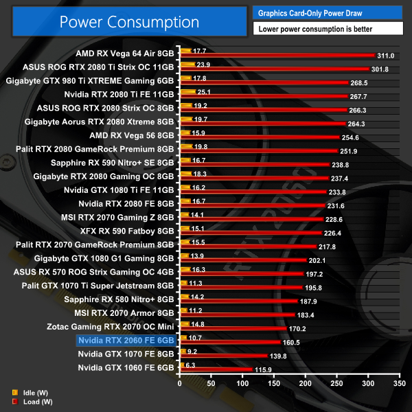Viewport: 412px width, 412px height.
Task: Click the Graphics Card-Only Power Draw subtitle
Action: click(309, 12)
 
